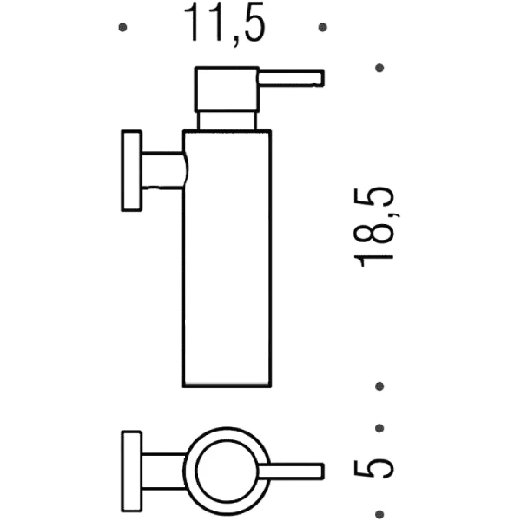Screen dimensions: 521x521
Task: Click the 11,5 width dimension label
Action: tap(223, 26)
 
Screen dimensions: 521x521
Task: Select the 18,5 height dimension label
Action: tap(376, 226)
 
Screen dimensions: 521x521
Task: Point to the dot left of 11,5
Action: tap(122, 28)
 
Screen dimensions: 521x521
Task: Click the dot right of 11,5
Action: tap(323, 28)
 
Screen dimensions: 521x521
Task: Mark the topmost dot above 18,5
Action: tap(379, 67)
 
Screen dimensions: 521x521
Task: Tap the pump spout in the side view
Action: tap(290, 78)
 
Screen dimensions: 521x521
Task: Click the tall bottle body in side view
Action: tap(227, 260)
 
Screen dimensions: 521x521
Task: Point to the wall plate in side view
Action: tap(131, 170)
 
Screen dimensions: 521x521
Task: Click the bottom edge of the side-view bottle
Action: tap(227, 386)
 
